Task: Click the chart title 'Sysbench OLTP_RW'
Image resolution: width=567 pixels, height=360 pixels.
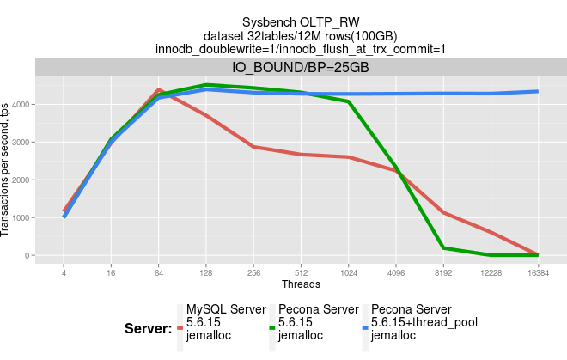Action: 300,21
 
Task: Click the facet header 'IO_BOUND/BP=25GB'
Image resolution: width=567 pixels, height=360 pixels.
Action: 300,66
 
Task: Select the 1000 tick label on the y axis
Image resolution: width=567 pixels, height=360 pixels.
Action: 22,217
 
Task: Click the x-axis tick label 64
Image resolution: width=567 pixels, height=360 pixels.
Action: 159,272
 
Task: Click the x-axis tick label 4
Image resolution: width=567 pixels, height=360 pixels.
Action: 64,272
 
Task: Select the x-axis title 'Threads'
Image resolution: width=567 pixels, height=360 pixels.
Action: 301,284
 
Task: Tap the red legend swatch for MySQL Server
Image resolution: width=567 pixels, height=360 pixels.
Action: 180,328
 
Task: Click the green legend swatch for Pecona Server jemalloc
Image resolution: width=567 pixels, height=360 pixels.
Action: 272,328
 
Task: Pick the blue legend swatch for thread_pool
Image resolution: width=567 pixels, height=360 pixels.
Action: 364,328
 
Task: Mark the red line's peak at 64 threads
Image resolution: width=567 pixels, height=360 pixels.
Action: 159,89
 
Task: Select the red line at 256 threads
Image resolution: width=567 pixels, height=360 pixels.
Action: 253,147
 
